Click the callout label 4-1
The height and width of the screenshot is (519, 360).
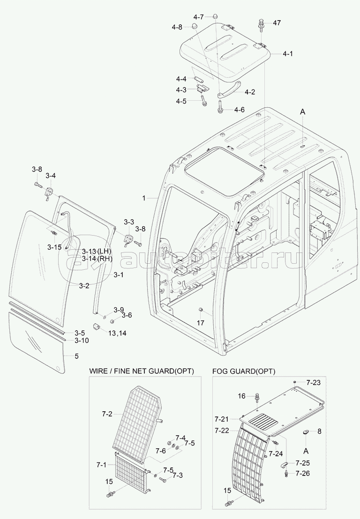[x=288, y=53]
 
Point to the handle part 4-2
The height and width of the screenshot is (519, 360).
[x=229, y=89]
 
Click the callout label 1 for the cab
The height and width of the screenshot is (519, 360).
[x=144, y=198]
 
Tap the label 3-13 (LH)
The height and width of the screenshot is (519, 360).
[x=97, y=251]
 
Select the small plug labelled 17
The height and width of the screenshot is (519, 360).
[x=200, y=309]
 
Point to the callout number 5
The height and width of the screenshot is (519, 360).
[x=76, y=356]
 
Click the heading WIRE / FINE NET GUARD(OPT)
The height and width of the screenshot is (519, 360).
[x=142, y=371]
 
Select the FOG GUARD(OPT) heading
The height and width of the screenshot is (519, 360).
[x=243, y=371]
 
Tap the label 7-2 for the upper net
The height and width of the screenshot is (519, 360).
[x=107, y=414]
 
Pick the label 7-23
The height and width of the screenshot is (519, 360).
[x=314, y=383]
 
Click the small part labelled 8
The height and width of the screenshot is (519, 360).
[x=307, y=431]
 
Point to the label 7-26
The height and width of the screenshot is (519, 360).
[x=302, y=474]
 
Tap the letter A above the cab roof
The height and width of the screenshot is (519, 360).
[x=303, y=112]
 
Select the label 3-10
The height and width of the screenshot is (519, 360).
[x=82, y=340]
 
